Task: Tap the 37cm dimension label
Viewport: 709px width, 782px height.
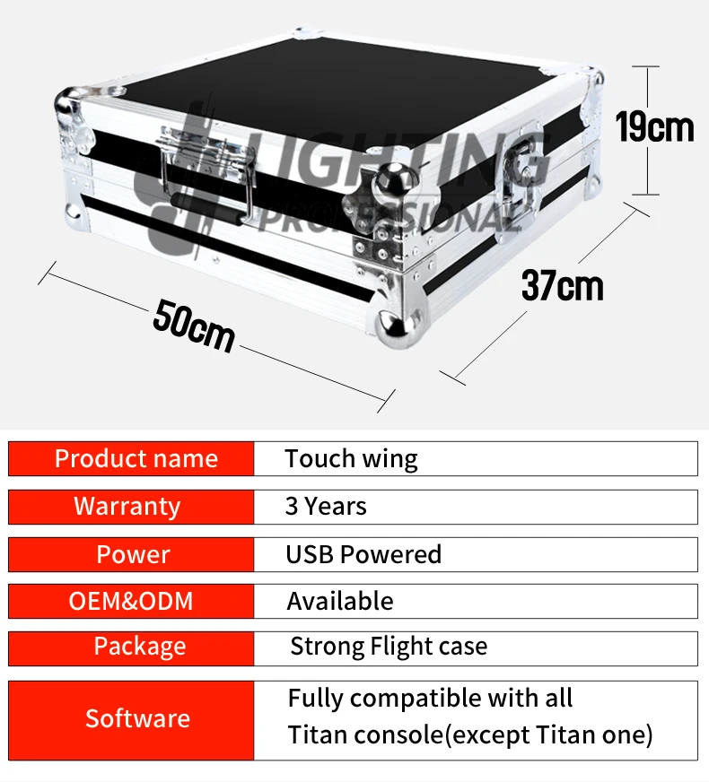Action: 563,286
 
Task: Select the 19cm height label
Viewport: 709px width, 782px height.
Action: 654,127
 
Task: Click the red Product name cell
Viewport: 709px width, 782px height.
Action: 131,459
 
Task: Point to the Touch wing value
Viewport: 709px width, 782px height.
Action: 351,459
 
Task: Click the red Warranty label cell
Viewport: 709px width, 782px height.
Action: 131,507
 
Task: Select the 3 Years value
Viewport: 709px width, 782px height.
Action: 326,507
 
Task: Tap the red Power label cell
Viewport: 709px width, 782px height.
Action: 131,554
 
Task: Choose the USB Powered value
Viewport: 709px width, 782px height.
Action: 363,554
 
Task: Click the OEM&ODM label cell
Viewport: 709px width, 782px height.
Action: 131,601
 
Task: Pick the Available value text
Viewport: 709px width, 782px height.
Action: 339,601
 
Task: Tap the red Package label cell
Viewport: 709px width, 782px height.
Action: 131,647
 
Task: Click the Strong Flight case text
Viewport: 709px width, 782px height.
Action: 389,647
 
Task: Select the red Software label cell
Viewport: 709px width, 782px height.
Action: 131,718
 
